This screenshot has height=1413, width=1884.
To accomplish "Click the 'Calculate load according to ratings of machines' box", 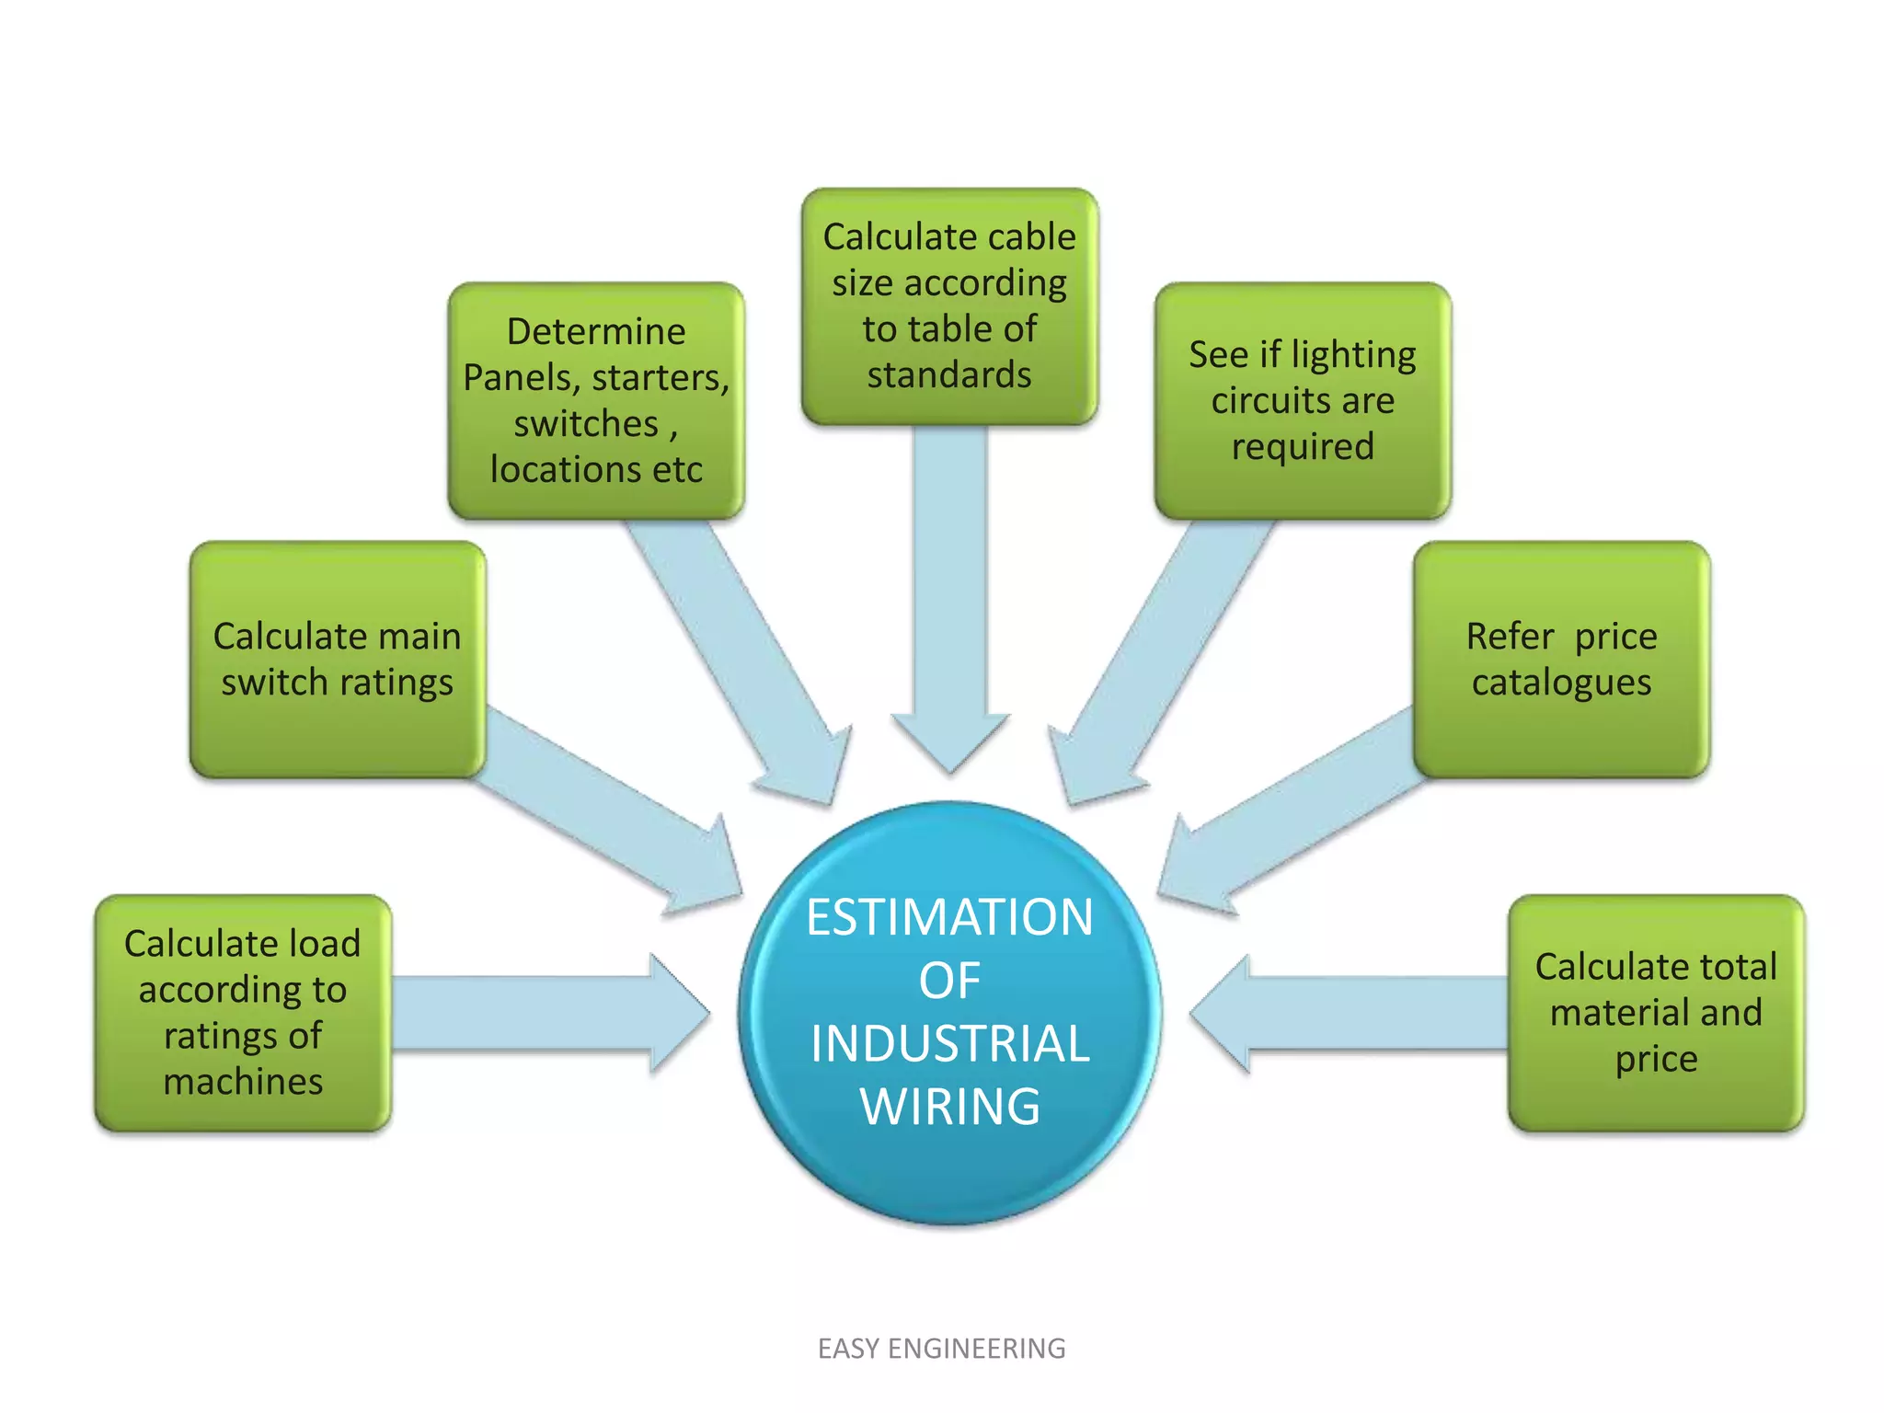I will [243, 1012].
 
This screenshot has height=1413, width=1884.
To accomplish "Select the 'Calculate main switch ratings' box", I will [338, 660].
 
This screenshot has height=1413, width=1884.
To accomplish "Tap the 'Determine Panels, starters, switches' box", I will [596, 400].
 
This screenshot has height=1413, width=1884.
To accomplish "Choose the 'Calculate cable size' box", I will [949, 306].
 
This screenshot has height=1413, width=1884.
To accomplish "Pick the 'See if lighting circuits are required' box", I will [1303, 400].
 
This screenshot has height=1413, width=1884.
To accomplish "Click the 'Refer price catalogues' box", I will [1561, 660].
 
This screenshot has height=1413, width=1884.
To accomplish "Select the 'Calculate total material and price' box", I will [1656, 1012].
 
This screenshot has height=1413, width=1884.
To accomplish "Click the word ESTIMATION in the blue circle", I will [949, 917].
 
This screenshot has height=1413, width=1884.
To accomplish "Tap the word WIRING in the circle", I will [949, 1106].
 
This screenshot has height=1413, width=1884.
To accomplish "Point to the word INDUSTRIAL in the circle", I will [949, 1043].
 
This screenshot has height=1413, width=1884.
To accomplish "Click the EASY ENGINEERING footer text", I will [941, 1349].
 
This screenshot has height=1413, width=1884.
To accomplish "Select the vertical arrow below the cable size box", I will [949, 598].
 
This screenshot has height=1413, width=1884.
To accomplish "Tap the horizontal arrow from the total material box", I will [1352, 1013].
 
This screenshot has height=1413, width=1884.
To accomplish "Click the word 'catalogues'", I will [1561, 683].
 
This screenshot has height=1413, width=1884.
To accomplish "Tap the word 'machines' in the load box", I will [243, 1082].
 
